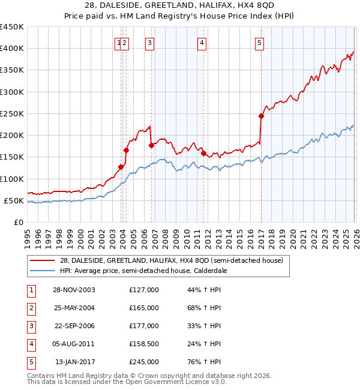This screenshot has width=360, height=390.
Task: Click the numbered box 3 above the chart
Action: (149, 43)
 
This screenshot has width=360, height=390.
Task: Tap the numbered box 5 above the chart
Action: (259, 43)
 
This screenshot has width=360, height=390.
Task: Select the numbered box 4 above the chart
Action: (202, 43)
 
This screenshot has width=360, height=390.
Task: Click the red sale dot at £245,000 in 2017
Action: (262, 116)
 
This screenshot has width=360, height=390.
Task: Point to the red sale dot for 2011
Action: (204, 153)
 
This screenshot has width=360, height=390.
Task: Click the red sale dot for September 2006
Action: (151, 145)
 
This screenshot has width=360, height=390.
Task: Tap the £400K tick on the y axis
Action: (12, 49)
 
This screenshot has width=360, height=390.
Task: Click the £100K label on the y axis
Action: (12, 179)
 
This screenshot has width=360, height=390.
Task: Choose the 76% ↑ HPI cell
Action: (205, 362)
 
